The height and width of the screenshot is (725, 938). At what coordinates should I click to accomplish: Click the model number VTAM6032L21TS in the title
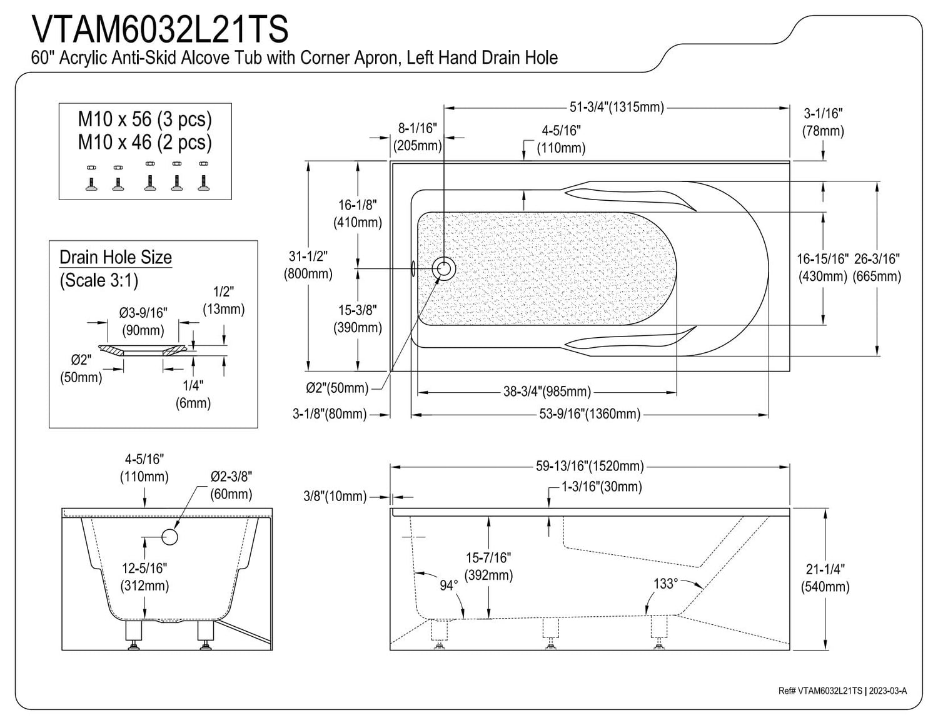pos(159,28)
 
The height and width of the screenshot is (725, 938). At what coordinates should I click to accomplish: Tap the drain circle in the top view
pos(445,268)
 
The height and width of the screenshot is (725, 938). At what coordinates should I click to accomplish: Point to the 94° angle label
pos(448,586)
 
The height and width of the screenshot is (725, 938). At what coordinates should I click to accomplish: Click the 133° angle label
pos(665,583)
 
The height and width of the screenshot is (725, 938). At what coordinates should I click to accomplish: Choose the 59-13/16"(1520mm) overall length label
pos(590,466)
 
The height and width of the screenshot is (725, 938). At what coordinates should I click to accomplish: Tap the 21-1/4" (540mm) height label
pos(825,578)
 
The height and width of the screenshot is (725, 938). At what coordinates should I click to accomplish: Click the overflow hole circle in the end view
pos(169,536)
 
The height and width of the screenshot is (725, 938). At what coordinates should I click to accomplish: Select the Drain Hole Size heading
pos(116,257)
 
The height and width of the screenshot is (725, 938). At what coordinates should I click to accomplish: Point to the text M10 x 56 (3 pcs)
pos(145,118)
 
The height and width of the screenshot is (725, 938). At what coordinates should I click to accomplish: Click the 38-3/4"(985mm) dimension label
pos(547,392)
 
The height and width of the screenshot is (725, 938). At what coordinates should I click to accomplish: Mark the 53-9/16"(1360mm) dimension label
pos(590,413)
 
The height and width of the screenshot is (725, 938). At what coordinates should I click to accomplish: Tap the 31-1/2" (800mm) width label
pos(308,265)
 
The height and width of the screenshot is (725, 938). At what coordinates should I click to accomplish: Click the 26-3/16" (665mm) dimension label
pos(878,267)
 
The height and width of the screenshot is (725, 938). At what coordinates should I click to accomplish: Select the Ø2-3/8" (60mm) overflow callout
pos(231,485)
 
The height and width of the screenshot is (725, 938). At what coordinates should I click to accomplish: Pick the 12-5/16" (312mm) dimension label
pos(145,577)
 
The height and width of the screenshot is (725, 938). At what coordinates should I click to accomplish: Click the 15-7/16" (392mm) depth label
pos(489,566)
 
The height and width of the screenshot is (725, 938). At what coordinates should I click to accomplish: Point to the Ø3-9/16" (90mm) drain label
pos(144,320)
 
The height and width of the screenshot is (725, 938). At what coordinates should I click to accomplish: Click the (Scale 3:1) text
pos(99,280)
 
